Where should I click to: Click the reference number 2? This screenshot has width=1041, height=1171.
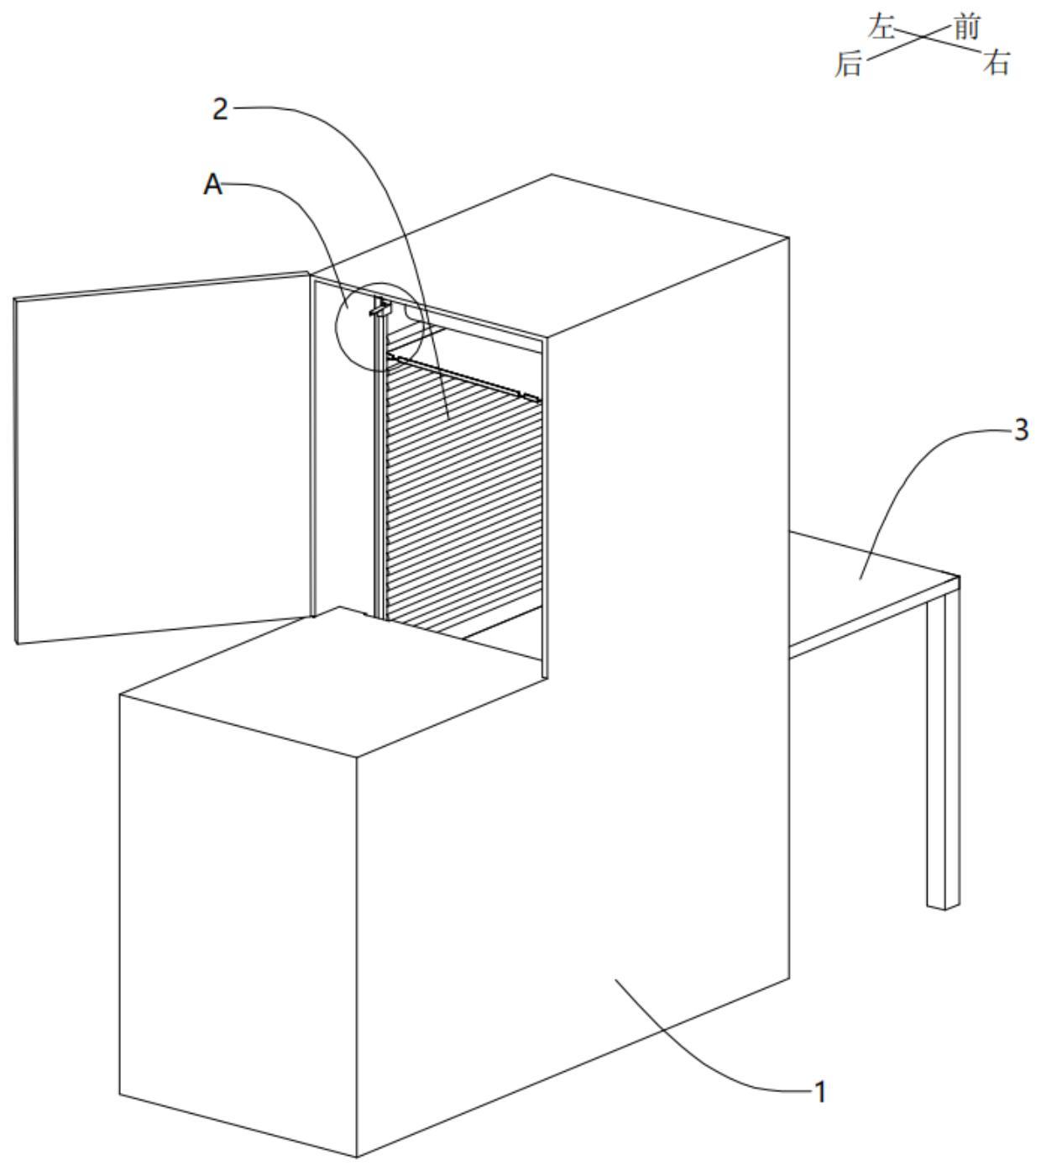(219, 109)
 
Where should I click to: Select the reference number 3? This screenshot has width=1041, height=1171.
(1020, 431)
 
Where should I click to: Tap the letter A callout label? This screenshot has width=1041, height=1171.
(213, 185)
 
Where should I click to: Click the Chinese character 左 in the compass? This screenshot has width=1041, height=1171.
(881, 28)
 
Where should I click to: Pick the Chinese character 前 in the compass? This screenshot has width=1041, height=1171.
(967, 28)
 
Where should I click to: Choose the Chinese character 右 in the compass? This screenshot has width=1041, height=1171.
(996, 64)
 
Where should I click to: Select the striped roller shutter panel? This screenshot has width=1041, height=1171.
(458, 496)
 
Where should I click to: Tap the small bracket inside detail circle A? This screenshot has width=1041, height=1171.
(380, 309)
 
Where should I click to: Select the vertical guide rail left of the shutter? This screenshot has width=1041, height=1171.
(378, 470)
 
